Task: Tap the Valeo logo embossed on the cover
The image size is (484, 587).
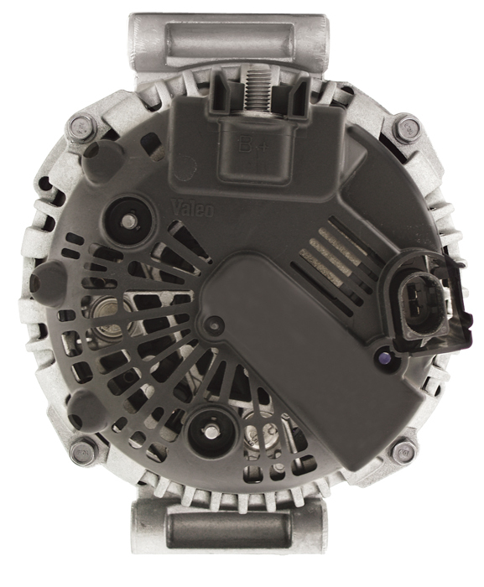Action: [192, 207]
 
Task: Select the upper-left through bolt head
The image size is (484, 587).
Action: [80, 127]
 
